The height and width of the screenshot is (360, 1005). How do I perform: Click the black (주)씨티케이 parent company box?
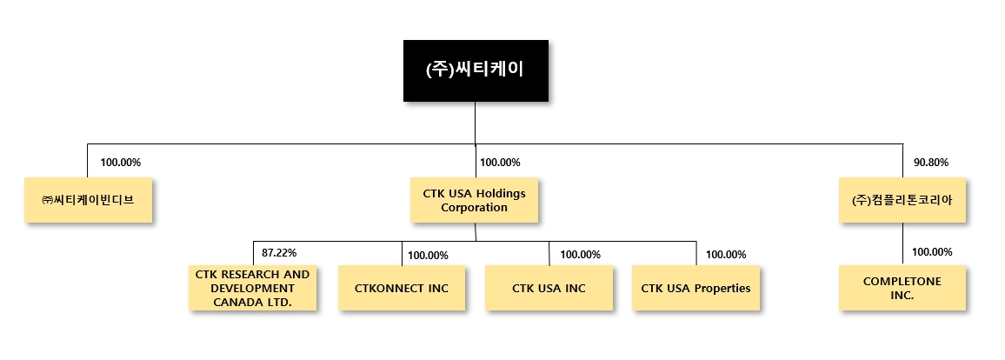[475, 70]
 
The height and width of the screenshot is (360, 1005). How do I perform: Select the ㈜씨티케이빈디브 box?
[87, 199]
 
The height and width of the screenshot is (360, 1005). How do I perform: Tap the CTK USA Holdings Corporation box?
[474, 199]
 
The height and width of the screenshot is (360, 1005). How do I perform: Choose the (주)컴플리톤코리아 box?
[902, 199]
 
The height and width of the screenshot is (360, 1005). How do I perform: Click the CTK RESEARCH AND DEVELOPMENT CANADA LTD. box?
[252, 288]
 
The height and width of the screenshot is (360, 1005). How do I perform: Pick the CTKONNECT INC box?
[402, 288]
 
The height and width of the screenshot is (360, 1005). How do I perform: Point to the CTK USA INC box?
[549, 288]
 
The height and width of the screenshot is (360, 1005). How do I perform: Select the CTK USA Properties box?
[696, 288]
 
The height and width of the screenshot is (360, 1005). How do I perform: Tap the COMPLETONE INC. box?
[902, 288]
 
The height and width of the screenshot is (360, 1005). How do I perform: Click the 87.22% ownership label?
[279, 253]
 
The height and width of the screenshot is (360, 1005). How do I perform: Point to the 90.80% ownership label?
[930, 163]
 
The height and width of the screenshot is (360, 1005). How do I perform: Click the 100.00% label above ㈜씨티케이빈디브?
[121, 163]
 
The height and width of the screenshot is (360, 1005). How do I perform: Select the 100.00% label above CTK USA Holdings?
[500, 163]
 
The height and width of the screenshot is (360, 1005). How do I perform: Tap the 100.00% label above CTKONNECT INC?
[428, 256]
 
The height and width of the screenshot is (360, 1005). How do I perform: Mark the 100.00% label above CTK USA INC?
[580, 255]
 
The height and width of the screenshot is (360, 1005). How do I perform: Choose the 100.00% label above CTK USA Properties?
[726, 255]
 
